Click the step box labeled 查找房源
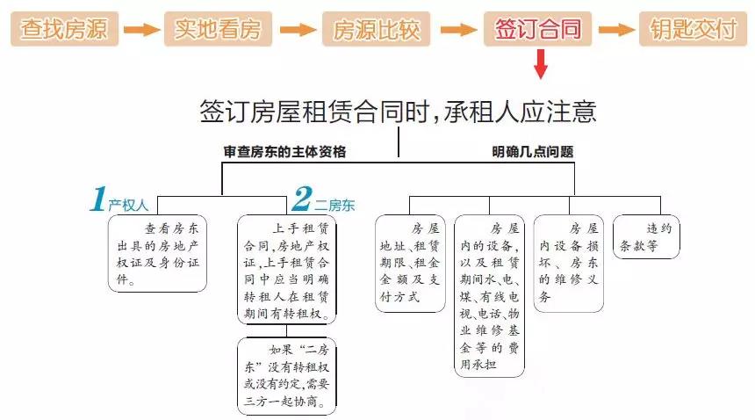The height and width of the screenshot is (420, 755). (64, 29)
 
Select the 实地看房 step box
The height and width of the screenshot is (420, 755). (218, 29)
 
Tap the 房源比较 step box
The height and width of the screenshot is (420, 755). (376, 29)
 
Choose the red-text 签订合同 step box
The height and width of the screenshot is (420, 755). (537, 29)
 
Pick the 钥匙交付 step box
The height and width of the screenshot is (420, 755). (693, 29)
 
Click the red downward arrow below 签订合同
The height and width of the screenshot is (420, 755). (541, 63)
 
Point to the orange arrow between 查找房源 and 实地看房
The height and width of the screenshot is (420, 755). (141, 30)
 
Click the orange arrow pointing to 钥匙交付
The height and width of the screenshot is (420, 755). (616, 30)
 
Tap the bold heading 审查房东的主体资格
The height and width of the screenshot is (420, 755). (284, 152)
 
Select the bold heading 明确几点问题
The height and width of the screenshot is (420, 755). (533, 152)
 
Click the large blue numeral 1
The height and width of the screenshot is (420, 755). (98, 199)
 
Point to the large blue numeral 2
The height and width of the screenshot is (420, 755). (302, 199)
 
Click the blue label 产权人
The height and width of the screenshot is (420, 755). (128, 206)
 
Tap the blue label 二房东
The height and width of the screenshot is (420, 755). (334, 206)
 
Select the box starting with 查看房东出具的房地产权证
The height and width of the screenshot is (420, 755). (157, 253)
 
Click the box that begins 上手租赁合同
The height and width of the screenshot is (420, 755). (286, 270)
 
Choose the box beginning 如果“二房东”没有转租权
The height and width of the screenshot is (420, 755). (286, 376)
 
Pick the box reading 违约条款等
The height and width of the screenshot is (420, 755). (646, 236)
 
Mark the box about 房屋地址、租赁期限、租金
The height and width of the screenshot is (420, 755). (410, 264)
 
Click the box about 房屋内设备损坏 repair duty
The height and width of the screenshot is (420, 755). (569, 264)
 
